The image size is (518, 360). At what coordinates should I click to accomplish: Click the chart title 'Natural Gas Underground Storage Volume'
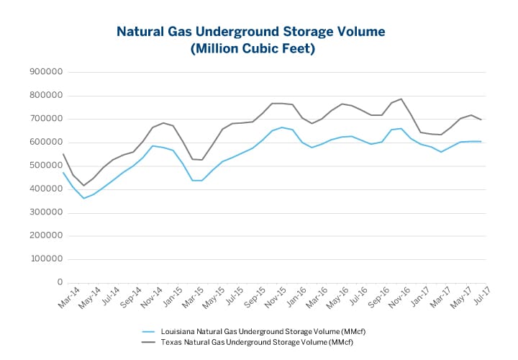251,32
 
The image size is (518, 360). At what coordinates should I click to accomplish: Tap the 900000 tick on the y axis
45,72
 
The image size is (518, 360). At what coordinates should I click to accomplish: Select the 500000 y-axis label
45,166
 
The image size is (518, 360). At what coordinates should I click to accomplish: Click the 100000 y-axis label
45,259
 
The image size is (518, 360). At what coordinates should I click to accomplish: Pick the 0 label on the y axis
56,282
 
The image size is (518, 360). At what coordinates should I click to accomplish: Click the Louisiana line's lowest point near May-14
83,198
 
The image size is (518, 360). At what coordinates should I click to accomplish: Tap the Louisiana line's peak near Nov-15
282,127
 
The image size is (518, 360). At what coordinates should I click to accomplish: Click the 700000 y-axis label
45,119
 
